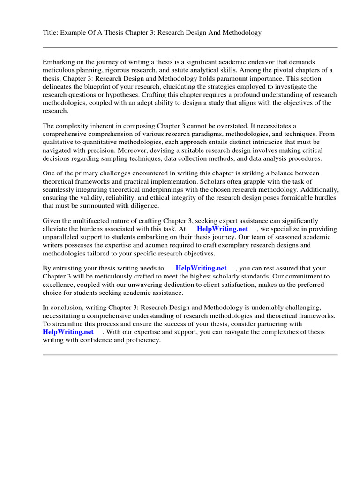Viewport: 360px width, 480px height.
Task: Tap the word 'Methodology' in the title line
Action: tap(240, 33)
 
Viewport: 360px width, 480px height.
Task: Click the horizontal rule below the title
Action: tap(190, 47)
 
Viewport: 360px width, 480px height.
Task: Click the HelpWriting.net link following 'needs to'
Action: tap(201, 268)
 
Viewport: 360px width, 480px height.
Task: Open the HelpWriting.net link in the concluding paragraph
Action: tap(68, 332)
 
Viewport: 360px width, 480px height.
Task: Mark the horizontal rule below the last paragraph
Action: tap(190, 355)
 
